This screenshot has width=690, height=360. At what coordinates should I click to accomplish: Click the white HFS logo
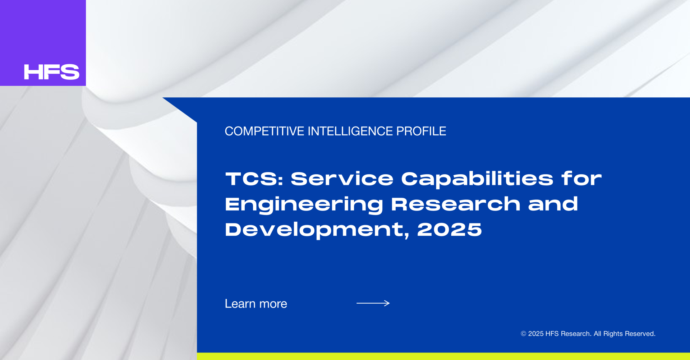click(52, 72)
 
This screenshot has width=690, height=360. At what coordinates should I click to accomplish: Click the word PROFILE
click(421, 131)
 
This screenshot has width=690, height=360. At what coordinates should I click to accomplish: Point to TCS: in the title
click(254, 179)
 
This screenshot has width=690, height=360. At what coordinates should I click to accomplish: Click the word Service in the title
click(342, 179)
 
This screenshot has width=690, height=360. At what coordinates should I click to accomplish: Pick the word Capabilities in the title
click(477, 179)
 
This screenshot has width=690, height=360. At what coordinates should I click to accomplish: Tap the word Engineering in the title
click(304, 204)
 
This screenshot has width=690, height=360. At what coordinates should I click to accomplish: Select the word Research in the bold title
click(456, 204)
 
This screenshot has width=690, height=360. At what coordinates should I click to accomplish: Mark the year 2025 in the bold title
click(450, 229)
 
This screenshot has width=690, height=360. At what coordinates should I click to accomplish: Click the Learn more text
click(256, 304)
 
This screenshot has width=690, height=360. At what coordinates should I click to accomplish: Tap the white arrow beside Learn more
click(373, 303)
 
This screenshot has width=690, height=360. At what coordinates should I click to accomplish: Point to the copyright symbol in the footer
click(524, 334)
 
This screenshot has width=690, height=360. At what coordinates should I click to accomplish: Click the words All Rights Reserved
click(625, 334)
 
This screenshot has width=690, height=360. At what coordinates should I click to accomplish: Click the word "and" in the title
click(553, 204)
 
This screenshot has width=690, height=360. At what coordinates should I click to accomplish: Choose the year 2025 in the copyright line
click(536, 334)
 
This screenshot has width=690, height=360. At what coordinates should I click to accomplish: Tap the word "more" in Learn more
click(273, 304)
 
